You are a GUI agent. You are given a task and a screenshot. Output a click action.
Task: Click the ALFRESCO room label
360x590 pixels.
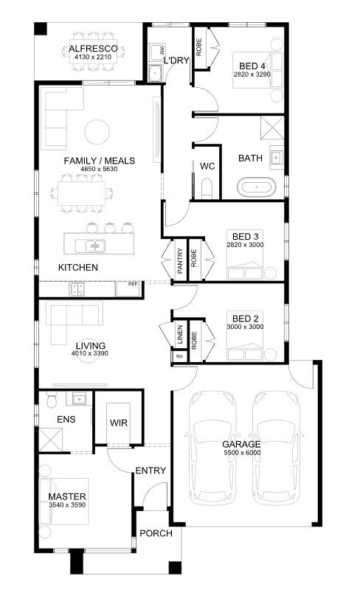click(93, 49)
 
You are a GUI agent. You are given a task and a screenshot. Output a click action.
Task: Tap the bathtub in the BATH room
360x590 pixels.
click(257, 187)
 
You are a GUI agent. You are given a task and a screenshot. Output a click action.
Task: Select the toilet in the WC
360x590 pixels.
click(207, 189)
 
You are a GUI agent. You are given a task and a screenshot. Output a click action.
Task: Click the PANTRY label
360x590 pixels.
click(180, 260)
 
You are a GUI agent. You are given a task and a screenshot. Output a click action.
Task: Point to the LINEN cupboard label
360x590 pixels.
click(180, 335)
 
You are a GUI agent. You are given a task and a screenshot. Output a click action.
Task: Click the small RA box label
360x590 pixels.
click(179, 356)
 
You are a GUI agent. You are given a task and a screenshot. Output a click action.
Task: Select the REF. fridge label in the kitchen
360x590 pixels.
click(133, 284)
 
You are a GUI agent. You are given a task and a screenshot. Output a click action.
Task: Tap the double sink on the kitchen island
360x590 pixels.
click(91, 246)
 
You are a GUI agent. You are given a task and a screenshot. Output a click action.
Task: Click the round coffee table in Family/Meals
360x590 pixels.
click(97, 132)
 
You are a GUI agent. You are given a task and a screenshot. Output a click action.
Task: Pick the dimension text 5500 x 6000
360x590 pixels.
click(242, 453)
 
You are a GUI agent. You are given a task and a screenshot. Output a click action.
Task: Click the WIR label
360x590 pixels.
click(119, 423)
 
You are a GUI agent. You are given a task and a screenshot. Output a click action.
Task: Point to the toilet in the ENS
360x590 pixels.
click(52, 399)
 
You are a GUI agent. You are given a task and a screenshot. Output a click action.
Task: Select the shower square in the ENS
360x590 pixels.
click(51, 440)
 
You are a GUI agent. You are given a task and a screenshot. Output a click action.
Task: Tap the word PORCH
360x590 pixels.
click(156, 533)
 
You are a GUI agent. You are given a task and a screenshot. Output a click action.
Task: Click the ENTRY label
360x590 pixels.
click(150, 471)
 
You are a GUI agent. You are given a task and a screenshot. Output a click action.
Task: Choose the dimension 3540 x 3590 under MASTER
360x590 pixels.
click(67, 505)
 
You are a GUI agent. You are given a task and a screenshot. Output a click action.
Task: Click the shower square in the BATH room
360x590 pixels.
click(272, 128)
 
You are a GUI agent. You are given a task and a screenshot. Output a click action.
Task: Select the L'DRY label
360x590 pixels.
click(176, 60)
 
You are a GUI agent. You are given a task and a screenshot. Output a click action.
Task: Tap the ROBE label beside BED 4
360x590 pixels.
click(199, 47)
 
